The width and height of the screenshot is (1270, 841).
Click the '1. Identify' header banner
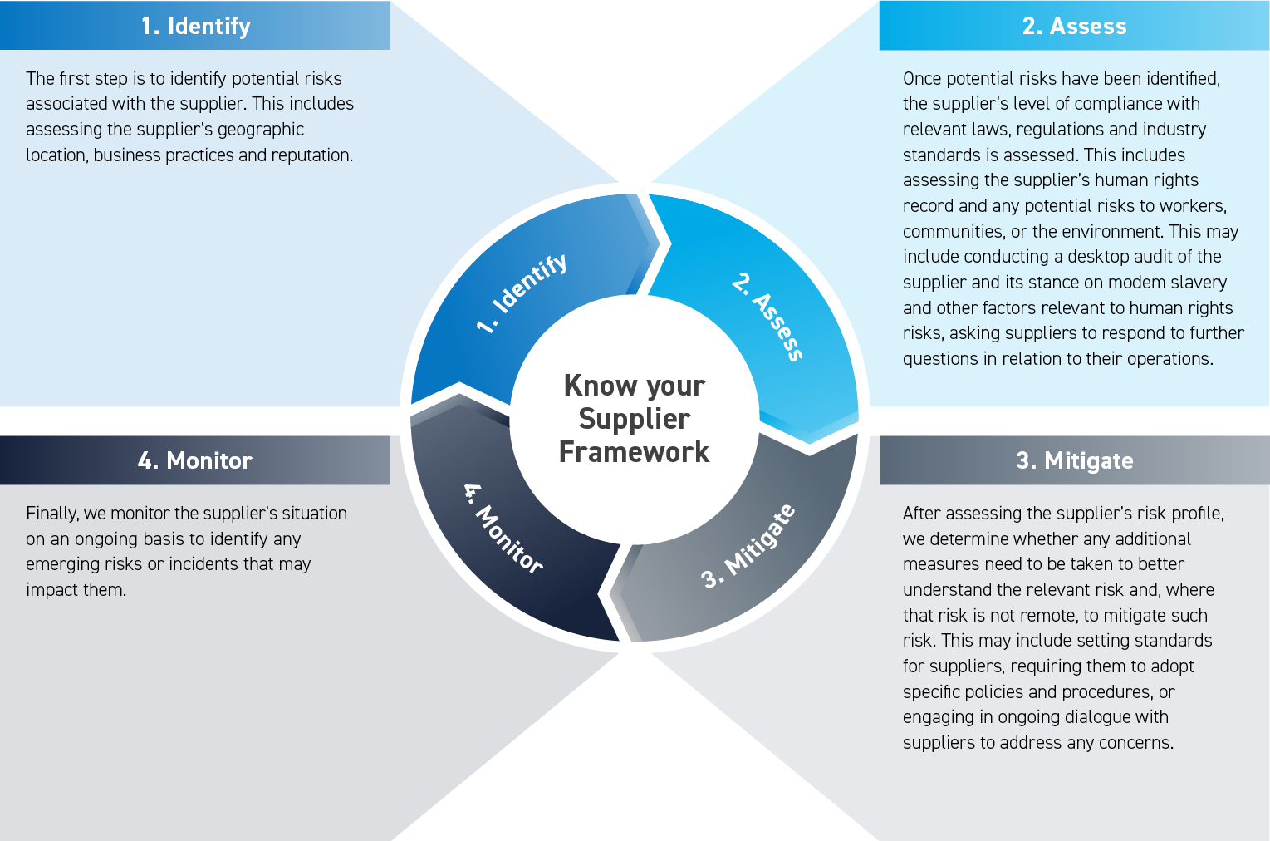(195, 26)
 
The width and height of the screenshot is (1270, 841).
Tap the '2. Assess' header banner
(1074, 26)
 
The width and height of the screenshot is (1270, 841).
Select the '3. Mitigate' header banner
(1074, 460)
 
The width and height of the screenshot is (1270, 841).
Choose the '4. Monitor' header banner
(195, 460)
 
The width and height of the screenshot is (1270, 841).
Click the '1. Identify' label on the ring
(522, 293)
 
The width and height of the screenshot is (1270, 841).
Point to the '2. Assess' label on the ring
(767, 316)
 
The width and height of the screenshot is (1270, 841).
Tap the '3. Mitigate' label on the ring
(748, 545)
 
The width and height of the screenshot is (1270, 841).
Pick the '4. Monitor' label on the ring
(503, 529)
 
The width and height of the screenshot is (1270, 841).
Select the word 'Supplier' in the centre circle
(634, 419)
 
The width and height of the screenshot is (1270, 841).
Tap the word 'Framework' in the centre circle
(634, 452)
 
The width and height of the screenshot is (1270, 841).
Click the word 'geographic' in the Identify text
(261, 130)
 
